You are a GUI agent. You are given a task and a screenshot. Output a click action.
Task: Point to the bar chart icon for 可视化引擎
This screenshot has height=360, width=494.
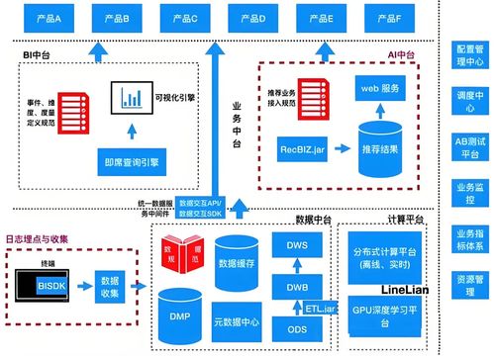coord(130,97)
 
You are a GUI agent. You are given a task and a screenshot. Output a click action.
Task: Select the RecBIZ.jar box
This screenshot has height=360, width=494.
coord(303,150)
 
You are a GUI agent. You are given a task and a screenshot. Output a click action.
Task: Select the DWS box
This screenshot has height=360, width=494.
coord(295,246)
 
